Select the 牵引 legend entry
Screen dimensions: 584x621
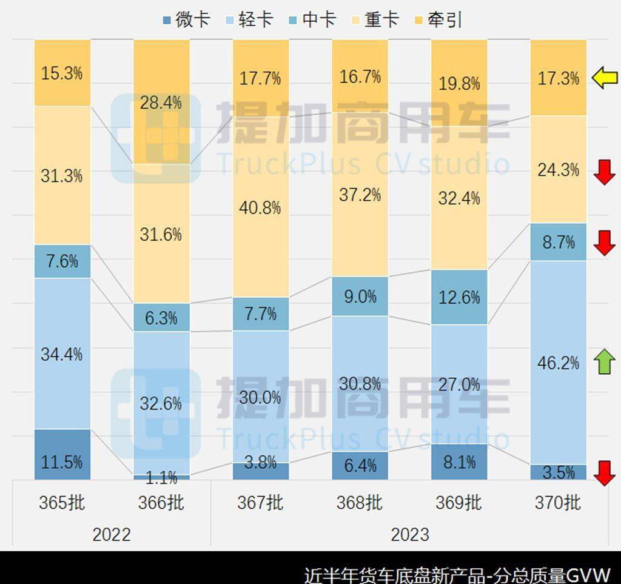(x=439, y=19)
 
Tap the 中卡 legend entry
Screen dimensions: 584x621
(x=312, y=19)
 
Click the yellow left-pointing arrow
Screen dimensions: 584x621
(x=604, y=78)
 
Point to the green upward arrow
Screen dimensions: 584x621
(x=604, y=362)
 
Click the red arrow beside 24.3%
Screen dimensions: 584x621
(x=604, y=172)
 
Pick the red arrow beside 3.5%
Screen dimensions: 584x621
(x=604, y=473)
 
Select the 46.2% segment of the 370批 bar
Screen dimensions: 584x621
(x=558, y=363)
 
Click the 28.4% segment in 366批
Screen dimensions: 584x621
(x=161, y=102)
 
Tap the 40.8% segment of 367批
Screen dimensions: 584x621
(x=260, y=207)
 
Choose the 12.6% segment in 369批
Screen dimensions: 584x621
(x=459, y=297)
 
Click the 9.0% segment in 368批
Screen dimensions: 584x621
(x=360, y=296)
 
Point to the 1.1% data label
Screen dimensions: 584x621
(x=161, y=477)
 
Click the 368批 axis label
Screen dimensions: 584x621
(x=360, y=503)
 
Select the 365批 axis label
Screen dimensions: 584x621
(x=62, y=503)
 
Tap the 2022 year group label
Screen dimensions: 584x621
(x=111, y=534)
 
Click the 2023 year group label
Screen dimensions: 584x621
(x=409, y=534)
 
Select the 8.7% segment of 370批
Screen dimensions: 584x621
(x=558, y=242)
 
